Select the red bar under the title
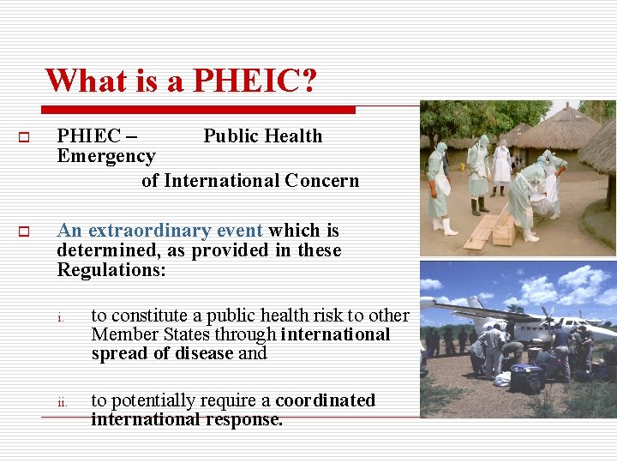tap(199, 110)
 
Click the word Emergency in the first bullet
tap(105, 156)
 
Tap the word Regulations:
tap(111, 270)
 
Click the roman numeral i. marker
tap(61, 319)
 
